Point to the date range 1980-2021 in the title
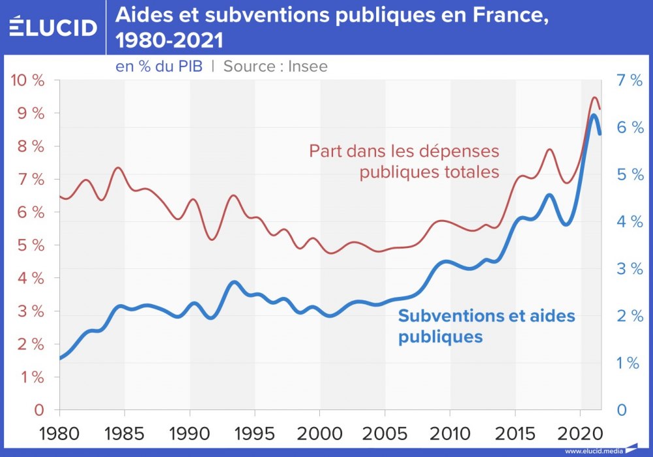coord(169,40)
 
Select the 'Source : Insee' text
coord(276,66)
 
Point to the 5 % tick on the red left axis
coord(30,245)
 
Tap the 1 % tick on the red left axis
coord(30,377)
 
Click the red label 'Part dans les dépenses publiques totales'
coord(404,161)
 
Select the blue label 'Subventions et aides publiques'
coord(486,326)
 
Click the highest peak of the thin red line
coord(594,97)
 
